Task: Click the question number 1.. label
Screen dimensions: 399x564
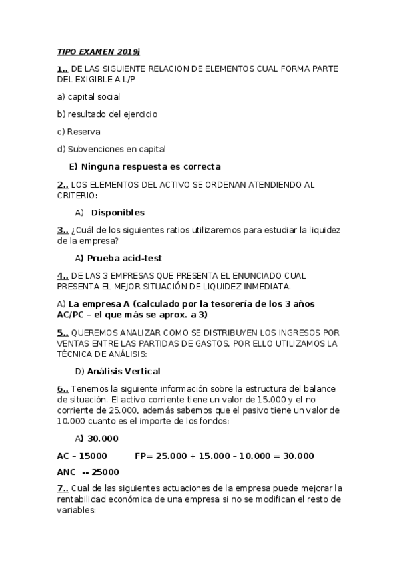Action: point(63,69)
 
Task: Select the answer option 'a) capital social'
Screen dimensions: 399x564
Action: point(89,97)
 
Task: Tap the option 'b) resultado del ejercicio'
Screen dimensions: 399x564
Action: point(107,114)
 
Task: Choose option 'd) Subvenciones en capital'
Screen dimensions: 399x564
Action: point(111,149)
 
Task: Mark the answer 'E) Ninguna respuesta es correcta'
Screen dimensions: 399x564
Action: point(145,166)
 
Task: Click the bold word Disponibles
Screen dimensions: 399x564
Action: point(117,213)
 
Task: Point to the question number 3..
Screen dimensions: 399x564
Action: point(63,230)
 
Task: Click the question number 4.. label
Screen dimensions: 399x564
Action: point(63,275)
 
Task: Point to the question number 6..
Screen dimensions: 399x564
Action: point(63,388)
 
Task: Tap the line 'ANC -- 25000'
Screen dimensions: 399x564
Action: point(88,472)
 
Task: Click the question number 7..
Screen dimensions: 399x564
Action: point(63,488)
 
